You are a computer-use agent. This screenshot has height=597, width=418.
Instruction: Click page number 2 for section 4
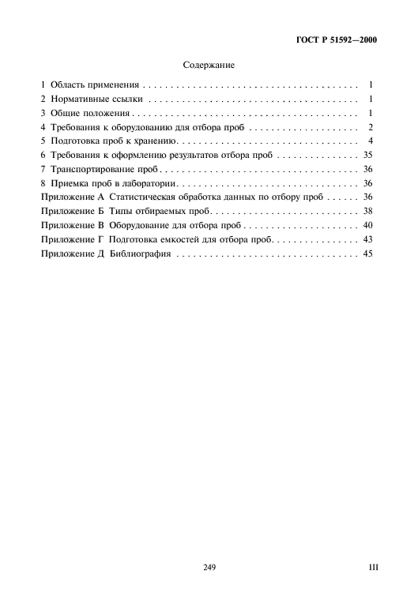[370, 127]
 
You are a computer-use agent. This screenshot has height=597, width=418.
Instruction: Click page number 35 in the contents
[367, 156]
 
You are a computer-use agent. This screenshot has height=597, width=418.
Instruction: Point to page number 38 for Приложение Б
[367, 212]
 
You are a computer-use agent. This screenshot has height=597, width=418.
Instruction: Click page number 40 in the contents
[367, 227]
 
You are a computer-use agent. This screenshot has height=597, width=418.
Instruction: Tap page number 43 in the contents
[367, 241]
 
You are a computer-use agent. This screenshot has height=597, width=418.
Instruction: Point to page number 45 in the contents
[367, 255]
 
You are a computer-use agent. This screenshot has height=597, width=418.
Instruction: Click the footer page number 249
[209, 567]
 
